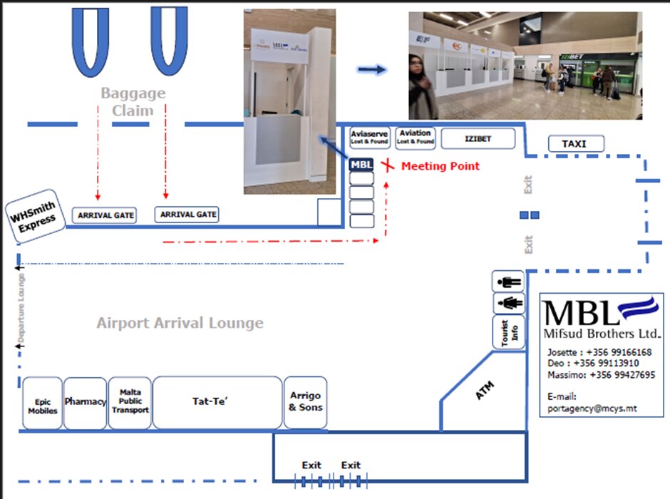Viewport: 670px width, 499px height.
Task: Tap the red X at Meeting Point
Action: (x=386, y=166)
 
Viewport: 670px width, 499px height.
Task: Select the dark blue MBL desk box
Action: (x=361, y=165)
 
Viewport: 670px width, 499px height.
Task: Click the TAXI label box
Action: (x=575, y=144)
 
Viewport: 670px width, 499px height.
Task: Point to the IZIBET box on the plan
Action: (x=478, y=138)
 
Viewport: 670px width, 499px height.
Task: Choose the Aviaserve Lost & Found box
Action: (x=369, y=138)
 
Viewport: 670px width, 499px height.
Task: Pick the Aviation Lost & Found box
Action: (x=415, y=138)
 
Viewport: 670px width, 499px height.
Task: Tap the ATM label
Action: (x=485, y=391)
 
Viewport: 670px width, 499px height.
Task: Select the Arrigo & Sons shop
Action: (x=306, y=402)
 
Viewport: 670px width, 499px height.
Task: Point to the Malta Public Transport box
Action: (x=130, y=402)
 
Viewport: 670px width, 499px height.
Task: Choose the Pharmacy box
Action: (x=86, y=402)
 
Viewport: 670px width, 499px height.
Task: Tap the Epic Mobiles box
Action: (x=43, y=403)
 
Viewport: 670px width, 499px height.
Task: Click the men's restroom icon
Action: (x=509, y=281)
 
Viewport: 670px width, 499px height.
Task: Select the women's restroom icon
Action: (x=509, y=303)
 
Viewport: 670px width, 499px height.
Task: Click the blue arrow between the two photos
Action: (x=371, y=69)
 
